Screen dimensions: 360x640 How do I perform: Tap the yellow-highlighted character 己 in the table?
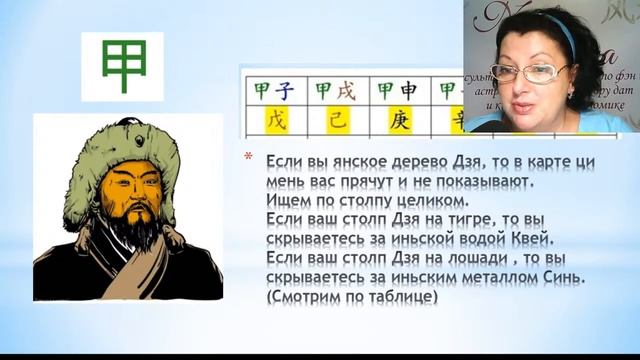pyautogui.click(x=336, y=120)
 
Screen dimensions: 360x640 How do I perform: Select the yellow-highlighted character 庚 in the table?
pyautogui.click(x=398, y=120)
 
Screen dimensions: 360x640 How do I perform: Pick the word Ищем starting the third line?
pyautogui.click(x=289, y=199)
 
